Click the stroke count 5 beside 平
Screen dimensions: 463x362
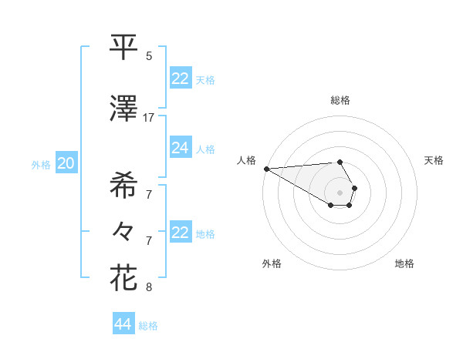(149, 56)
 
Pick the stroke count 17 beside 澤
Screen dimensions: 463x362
(149, 118)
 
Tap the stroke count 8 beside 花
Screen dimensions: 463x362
(149, 287)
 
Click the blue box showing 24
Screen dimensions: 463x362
(181, 149)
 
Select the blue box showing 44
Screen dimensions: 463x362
(123, 324)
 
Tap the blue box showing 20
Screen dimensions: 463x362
(66, 163)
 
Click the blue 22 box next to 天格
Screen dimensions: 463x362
(181, 79)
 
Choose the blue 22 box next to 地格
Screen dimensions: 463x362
(181, 233)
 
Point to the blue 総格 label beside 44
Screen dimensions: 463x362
(148, 326)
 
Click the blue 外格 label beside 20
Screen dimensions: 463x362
(41, 165)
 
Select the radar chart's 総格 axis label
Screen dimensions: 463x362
(340, 100)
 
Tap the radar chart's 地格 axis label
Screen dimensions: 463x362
(404, 263)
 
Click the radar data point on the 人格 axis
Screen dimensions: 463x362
(266, 169)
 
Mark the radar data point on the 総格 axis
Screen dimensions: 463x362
(340, 162)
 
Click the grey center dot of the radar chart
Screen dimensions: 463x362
(340, 193)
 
